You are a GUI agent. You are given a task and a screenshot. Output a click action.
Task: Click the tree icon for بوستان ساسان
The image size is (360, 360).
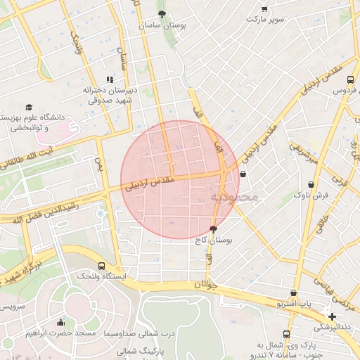(x=162, y=13)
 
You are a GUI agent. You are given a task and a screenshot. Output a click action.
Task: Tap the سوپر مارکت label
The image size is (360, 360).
(x=265, y=19)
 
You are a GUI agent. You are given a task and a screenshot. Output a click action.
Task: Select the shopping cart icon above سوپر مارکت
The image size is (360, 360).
(x=264, y=9)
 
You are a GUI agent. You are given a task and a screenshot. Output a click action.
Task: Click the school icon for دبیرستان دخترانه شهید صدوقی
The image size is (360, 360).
(x=109, y=79)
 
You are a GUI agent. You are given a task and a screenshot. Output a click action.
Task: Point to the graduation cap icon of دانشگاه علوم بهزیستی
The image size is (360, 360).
(x=29, y=107)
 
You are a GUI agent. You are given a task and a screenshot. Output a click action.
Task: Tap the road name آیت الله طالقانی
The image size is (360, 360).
(x=26, y=158)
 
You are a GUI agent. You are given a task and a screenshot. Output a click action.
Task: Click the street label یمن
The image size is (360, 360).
(x=99, y=167)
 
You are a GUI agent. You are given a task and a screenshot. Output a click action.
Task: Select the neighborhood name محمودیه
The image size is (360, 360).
(x=234, y=198)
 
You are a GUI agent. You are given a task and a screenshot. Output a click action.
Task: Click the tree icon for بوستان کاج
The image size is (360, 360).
(x=214, y=229)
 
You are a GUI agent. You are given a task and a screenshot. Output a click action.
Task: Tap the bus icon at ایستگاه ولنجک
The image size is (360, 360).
(x=102, y=266)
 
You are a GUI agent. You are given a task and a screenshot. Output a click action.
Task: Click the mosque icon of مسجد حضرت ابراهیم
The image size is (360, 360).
(x=60, y=322)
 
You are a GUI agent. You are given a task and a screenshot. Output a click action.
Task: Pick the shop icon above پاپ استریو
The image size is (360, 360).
(x=292, y=293)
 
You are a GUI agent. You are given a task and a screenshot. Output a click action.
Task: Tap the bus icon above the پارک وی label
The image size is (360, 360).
(x=286, y=334)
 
